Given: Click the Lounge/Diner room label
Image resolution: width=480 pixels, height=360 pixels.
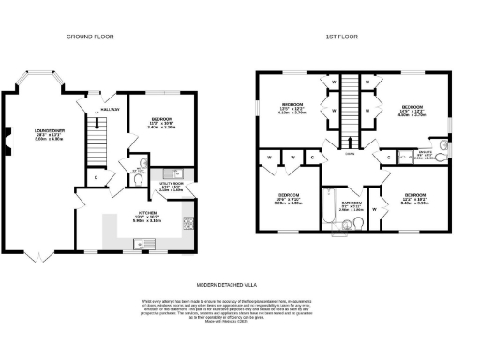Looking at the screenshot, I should click(48, 132).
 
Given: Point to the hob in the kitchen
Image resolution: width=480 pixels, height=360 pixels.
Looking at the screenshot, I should click(187, 222).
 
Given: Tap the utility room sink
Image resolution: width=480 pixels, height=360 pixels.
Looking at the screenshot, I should click(171, 173).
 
